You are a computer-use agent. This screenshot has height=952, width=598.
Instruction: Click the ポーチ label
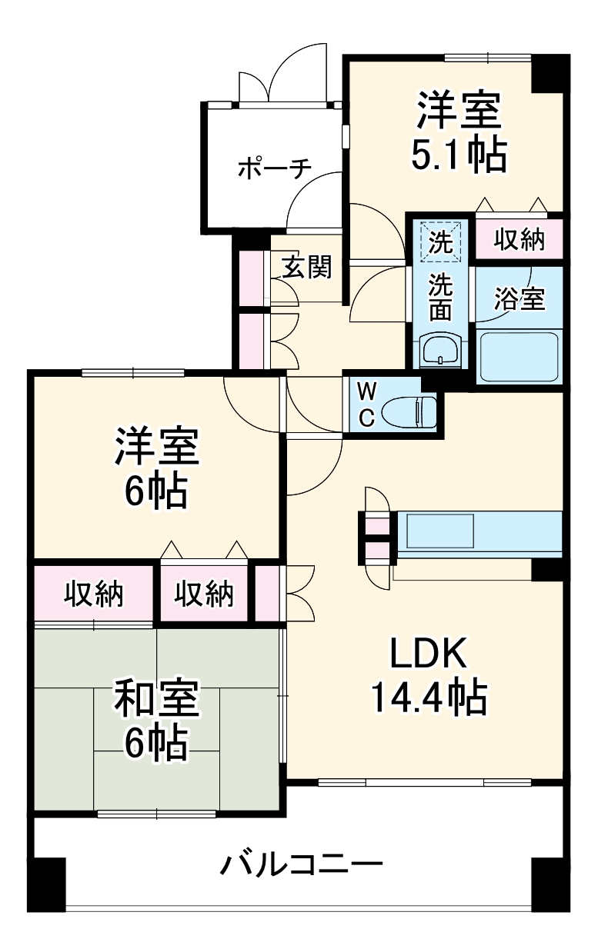[x=273, y=168]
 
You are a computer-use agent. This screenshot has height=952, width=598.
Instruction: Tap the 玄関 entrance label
[x=306, y=267]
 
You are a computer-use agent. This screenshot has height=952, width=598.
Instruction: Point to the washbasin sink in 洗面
[x=440, y=350]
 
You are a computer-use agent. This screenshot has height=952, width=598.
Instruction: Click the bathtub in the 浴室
[x=518, y=357]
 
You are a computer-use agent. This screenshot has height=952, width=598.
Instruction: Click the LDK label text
[x=428, y=654]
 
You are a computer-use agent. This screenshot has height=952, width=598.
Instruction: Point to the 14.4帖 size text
[x=428, y=697]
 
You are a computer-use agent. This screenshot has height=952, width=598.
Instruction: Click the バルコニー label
[x=302, y=866]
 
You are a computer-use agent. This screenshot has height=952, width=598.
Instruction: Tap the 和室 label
[x=157, y=698]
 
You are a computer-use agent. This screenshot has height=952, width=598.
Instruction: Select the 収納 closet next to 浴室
[x=519, y=241]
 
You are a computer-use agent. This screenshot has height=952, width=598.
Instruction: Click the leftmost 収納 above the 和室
[x=93, y=594]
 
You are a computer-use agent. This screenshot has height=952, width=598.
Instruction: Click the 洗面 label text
[x=440, y=296]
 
